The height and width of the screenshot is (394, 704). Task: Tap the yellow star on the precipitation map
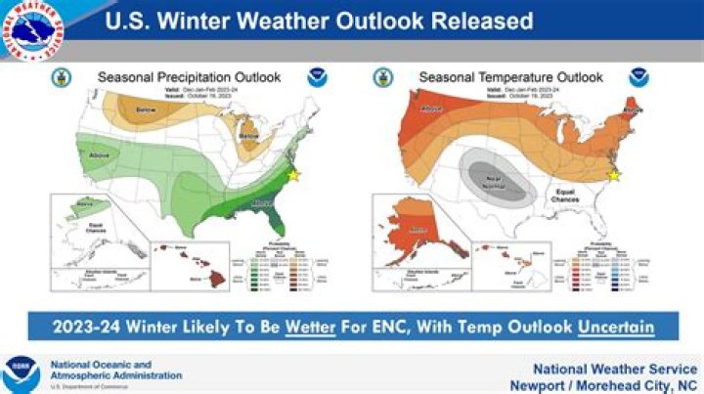[294, 174]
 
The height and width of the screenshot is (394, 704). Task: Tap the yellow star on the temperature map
[614, 175]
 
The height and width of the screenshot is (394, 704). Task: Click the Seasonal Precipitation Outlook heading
[189, 76]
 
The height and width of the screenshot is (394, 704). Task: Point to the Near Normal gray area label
[481, 177]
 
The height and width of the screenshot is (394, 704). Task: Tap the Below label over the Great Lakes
[248, 135]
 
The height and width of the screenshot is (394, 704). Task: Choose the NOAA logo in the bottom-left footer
[21, 372]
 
